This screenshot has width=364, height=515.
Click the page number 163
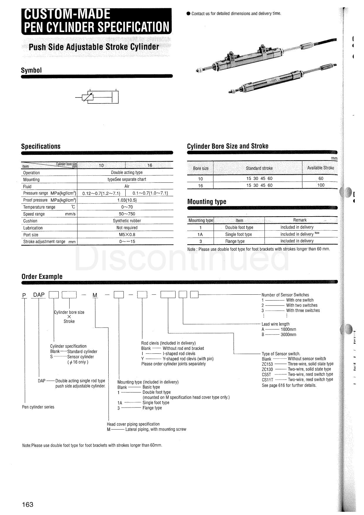(28, 504)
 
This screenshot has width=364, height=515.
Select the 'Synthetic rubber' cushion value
(127, 221)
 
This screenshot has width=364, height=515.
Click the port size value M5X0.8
(127, 235)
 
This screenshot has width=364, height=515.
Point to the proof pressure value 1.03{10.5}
(127, 200)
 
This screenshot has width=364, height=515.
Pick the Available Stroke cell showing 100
(321, 185)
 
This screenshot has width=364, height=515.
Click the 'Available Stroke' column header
(321, 168)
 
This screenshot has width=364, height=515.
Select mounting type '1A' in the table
(200, 234)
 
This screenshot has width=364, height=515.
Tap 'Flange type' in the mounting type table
(235, 241)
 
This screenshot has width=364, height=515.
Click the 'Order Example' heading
(42, 276)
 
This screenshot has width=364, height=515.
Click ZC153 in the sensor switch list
(267, 364)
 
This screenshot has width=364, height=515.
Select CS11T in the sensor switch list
(267, 380)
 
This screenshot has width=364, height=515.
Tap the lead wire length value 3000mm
(288, 335)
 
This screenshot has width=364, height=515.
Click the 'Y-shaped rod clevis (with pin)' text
(188, 359)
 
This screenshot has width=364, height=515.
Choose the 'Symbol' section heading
(31, 70)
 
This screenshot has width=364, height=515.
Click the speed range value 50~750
(127, 214)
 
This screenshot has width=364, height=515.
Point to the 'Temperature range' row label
(39, 207)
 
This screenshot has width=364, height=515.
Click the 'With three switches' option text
(303, 311)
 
